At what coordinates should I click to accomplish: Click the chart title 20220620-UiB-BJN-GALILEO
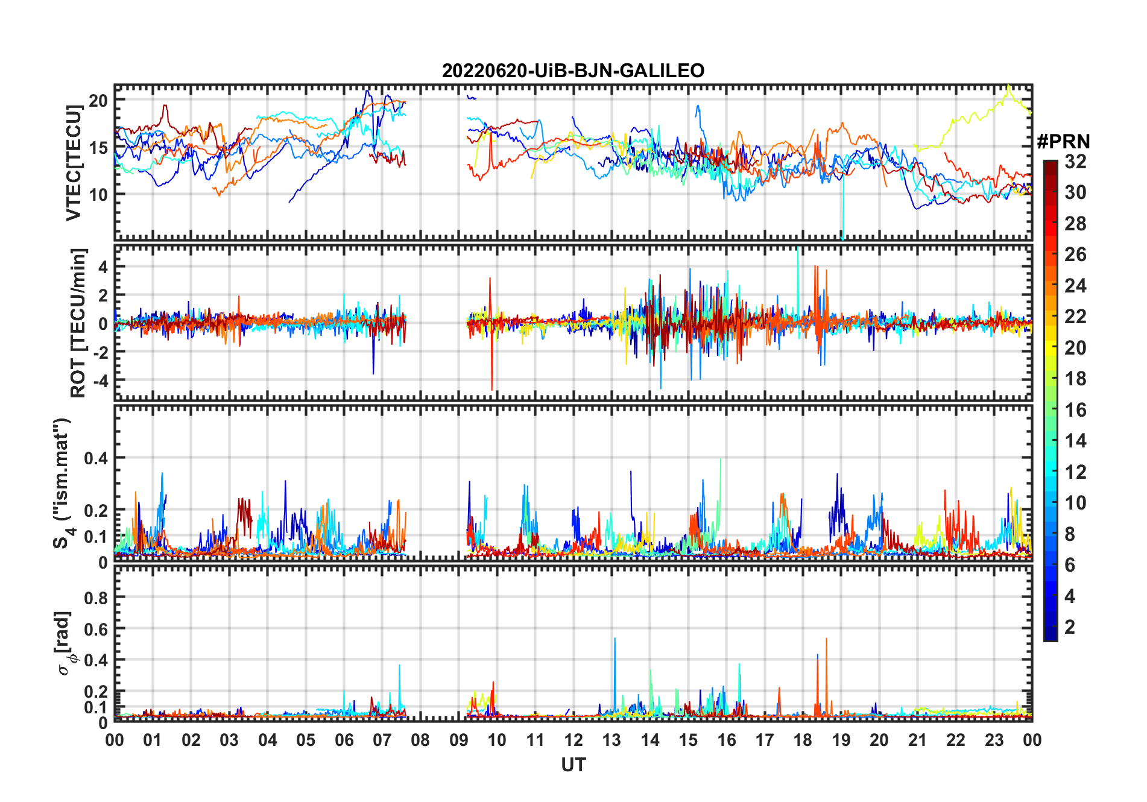click(573, 71)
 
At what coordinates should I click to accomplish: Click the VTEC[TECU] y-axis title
click(74, 163)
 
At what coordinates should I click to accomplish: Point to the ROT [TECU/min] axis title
click(78, 323)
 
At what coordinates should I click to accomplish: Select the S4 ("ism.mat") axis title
click(63, 483)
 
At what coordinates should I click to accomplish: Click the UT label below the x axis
click(573, 765)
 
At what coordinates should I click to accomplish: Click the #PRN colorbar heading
click(1063, 142)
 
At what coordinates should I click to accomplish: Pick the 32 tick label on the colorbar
click(1075, 162)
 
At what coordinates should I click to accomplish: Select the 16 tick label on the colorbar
click(1075, 410)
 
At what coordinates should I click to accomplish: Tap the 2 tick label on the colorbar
click(1070, 627)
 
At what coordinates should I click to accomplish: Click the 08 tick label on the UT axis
click(420, 740)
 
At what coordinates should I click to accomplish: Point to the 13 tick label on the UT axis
click(611, 740)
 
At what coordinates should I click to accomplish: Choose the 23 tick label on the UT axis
click(994, 740)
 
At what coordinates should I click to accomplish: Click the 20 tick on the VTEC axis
click(98, 101)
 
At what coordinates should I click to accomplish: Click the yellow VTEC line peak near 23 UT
click(1008, 86)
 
